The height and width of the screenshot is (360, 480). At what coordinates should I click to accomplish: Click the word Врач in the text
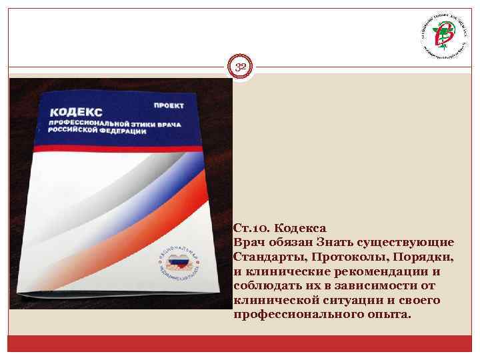[x=249, y=241]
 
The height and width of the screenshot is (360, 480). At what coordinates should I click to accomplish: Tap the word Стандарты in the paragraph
[x=265, y=256]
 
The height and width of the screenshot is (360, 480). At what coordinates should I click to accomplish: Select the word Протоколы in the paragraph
[x=338, y=256]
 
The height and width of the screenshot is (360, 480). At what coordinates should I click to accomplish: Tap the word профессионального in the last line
[x=295, y=315]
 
